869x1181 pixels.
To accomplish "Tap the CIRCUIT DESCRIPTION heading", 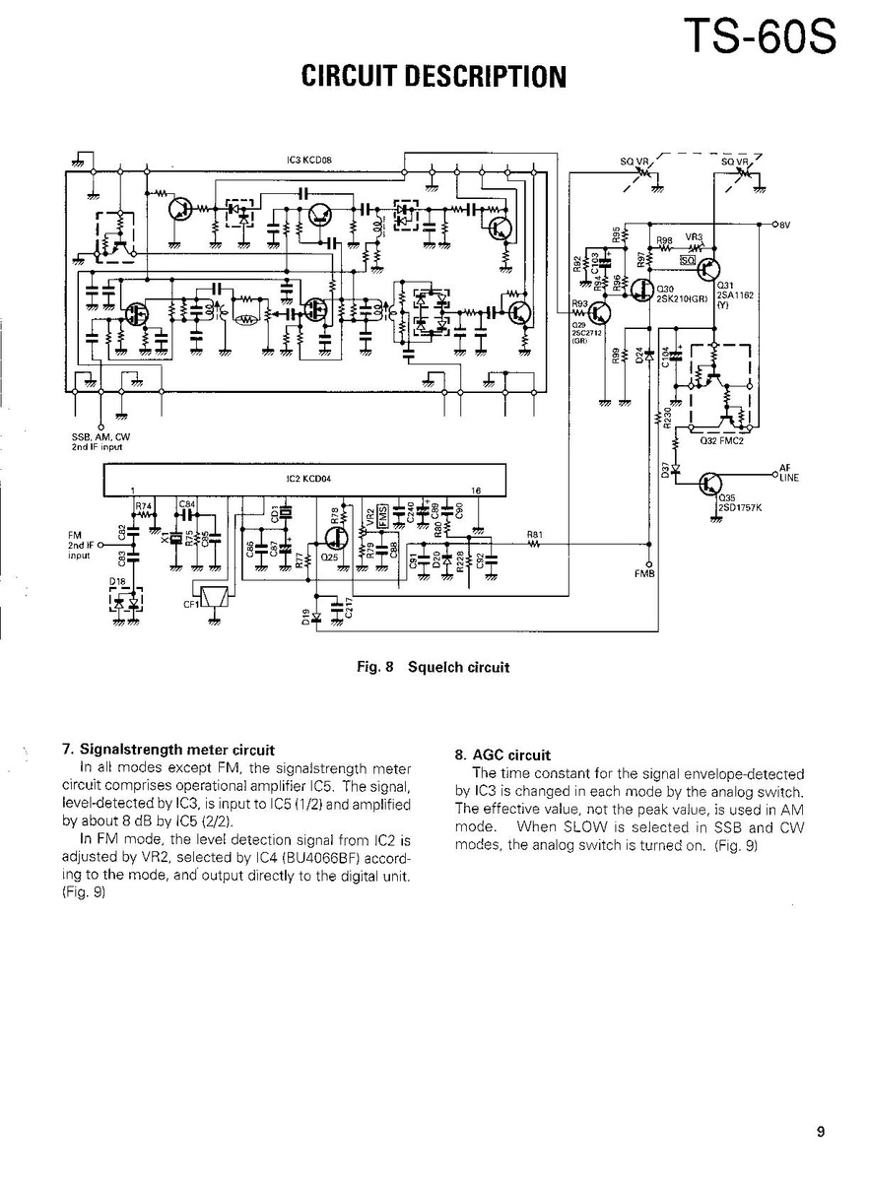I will coord(434,77).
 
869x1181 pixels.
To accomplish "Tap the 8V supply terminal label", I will coord(784,225).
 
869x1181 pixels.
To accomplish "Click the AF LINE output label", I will coord(788,474).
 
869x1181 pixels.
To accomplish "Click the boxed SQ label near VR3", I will coord(687,261).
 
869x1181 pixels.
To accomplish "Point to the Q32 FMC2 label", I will coord(721,441).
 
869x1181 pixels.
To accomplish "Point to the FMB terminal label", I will coord(646,574).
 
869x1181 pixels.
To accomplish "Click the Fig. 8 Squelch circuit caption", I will coord(434,667).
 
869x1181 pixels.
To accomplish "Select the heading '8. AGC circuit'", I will coord(501,755).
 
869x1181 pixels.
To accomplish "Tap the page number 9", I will coord(820,1132).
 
